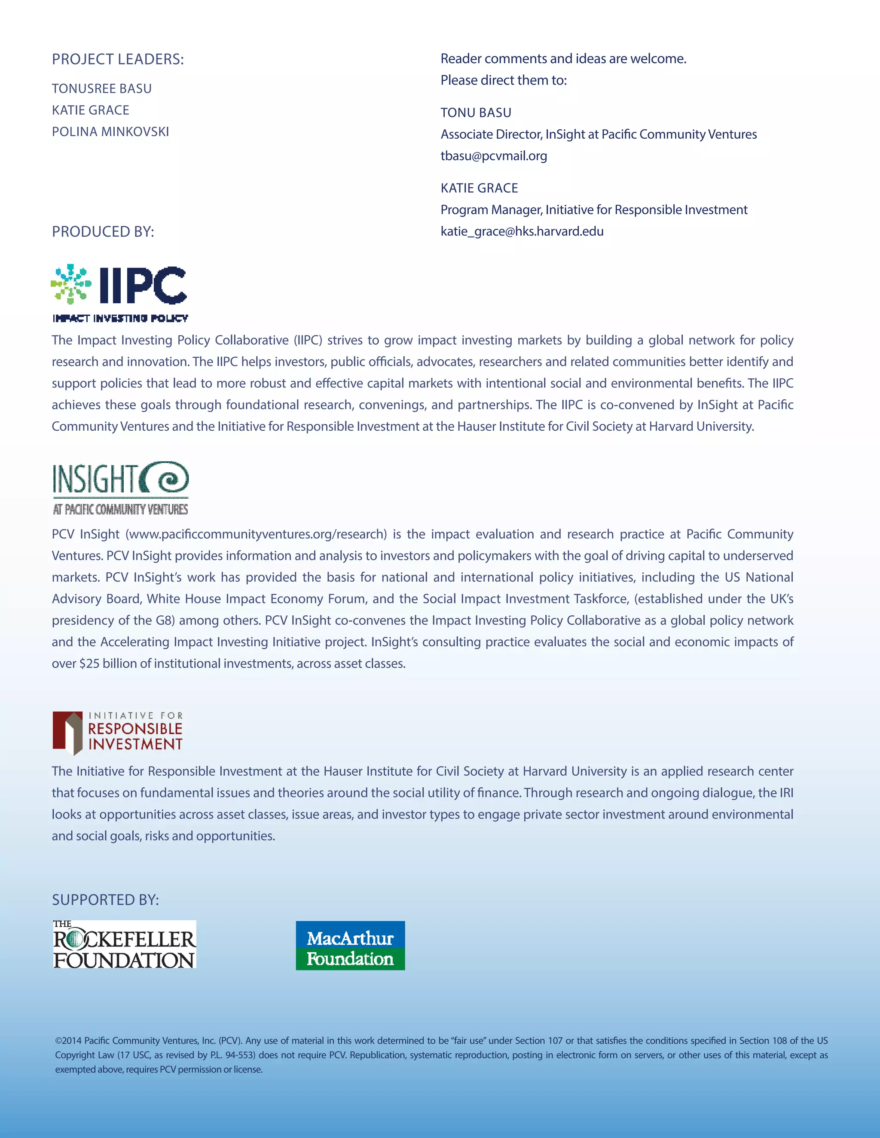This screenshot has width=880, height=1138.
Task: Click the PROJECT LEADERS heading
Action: pyautogui.click(x=118, y=59)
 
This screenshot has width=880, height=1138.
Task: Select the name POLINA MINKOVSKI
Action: pyautogui.click(x=110, y=132)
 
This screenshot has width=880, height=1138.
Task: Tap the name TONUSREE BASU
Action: pyautogui.click(x=102, y=88)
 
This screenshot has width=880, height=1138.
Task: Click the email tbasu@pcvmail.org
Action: pyautogui.click(x=494, y=156)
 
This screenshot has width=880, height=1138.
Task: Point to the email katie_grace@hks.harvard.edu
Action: pyautogui.click(x=522, y=231)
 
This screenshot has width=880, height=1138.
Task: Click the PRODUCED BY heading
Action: pyautogui.click(x=103, y=232)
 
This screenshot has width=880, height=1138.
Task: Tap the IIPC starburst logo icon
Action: pyautogui.click(x=71, y=284)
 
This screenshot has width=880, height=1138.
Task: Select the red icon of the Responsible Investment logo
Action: pyautogui.click(x=67, y=732)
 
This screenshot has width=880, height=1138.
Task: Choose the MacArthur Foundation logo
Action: pyautogui.click(x=350, y=946)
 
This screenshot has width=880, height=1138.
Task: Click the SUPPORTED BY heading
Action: pyautogui.click(x=105, y=900)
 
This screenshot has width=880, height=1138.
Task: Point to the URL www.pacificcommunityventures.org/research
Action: pyautogui.click(x=256, y=535)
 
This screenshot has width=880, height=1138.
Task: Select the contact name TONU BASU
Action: pyautogui.click(x=476, y=113)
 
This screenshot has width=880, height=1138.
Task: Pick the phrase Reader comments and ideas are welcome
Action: pyautogui.click(x=563, y=59)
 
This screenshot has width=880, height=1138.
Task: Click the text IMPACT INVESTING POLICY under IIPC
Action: pyautogui.click(x=120, y=318)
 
